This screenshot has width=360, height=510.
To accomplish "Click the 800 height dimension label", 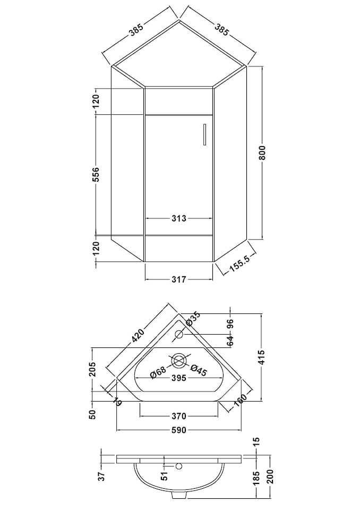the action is coord(263,152).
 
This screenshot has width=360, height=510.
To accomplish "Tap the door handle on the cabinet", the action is coord(204,134).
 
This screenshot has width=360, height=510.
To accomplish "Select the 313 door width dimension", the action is coord(179,218).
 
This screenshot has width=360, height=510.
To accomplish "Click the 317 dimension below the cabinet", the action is coord(179,279).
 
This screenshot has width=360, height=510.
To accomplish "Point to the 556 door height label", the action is coord(96,175).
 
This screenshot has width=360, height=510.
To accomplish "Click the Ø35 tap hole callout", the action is coord(193,319).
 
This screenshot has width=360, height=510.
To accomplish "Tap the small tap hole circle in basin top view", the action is coord(179,334).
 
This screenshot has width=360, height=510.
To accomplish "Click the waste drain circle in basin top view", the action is coord(179,361).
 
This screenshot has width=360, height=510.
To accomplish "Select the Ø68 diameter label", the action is coord(158,372).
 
